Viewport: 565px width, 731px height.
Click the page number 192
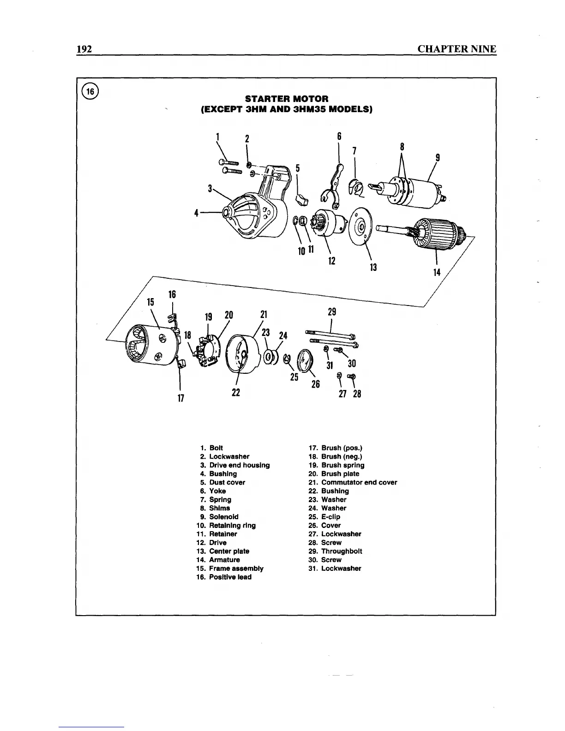point(85,49)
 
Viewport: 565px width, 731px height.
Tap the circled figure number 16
point(90,91)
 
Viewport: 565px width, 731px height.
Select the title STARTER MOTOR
point(287,99)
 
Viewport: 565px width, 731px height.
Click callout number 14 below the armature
point(437,272)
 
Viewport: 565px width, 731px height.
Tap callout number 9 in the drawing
point(437,158)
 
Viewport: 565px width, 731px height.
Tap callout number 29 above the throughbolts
point(331,312)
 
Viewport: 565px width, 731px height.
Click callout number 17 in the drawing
point(181,397)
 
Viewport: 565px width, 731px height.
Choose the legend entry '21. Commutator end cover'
point(353,483)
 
